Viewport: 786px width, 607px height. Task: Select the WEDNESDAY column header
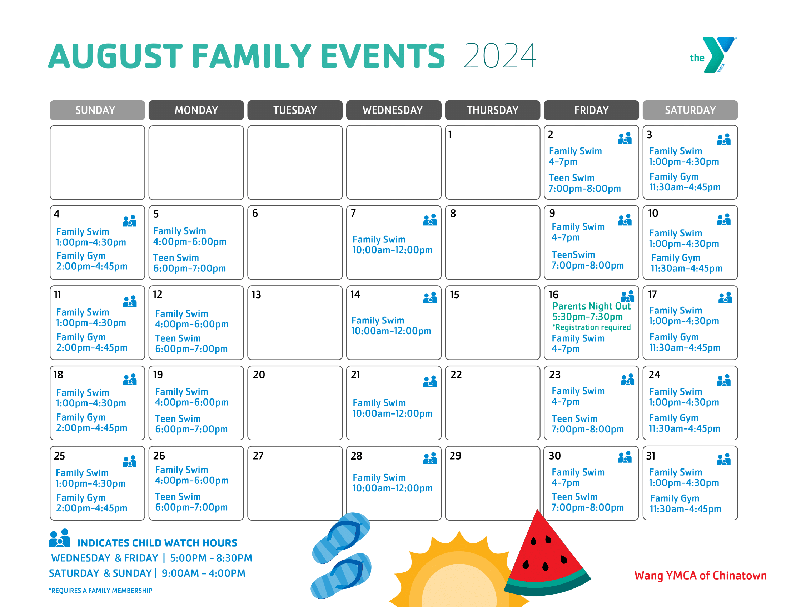tap(393, 110)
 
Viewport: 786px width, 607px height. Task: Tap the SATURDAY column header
tap(690, 110)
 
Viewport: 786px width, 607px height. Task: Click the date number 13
tap(256, 295)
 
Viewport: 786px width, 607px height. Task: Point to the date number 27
tap(258, 456)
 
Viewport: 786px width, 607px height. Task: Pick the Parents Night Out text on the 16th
tap(591, 306)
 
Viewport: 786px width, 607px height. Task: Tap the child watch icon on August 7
tap(430, 220)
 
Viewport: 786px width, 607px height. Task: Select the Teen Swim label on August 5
tap(176, 258)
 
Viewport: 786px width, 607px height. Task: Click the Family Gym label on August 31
tap(674, 498)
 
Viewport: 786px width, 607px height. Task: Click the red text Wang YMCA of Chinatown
tap(700, 575)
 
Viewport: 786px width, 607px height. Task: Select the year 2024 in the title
tap(500, 56)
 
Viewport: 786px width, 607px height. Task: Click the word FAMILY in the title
tap(253, 56)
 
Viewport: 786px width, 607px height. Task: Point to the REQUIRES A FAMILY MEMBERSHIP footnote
tap(100, 591)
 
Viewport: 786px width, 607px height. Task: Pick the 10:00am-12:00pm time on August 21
tap(392, 413)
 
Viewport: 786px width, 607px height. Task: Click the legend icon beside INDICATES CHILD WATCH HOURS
tap(59, 538)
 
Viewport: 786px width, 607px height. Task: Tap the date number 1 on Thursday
tap(450, 135)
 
